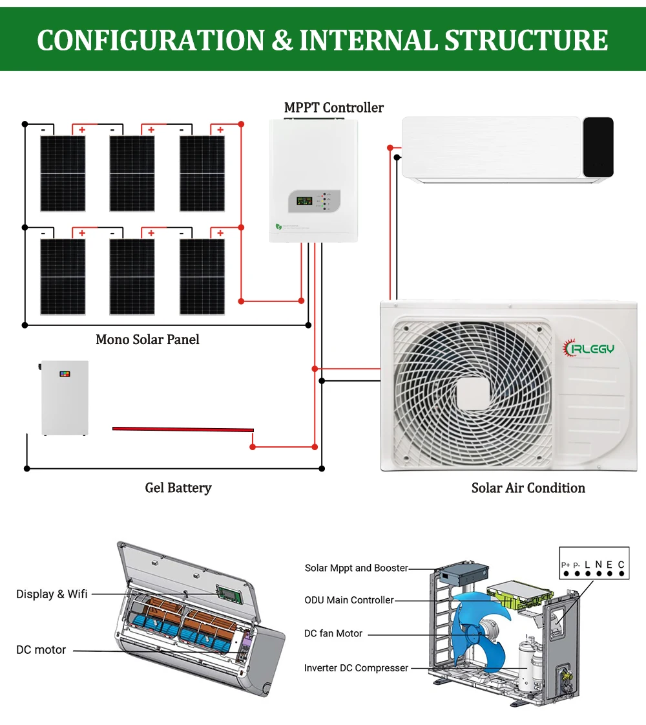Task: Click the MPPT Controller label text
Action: coord(334,107)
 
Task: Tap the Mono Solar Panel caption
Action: coord(147,340)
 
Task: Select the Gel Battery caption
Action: coord(178,488)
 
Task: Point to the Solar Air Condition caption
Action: coord(528,488)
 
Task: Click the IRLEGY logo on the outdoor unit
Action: coord(589,349)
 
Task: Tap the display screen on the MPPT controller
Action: coord(302,200)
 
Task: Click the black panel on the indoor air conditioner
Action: coord(598,147)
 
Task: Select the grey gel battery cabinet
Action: coord(65,397)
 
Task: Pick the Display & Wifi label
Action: coord(52,594)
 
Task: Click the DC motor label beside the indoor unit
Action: coord(41,649)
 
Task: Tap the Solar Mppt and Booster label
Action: coord(357,568)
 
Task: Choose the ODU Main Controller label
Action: coord(349,600)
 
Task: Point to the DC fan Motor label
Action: coord(333,633)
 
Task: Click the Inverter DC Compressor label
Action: coord(356,667)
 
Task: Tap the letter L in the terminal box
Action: coord(587,565)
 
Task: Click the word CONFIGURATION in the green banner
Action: coord(151,40)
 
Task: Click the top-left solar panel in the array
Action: coord(63,173)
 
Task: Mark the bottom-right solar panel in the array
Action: coord(202,277)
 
